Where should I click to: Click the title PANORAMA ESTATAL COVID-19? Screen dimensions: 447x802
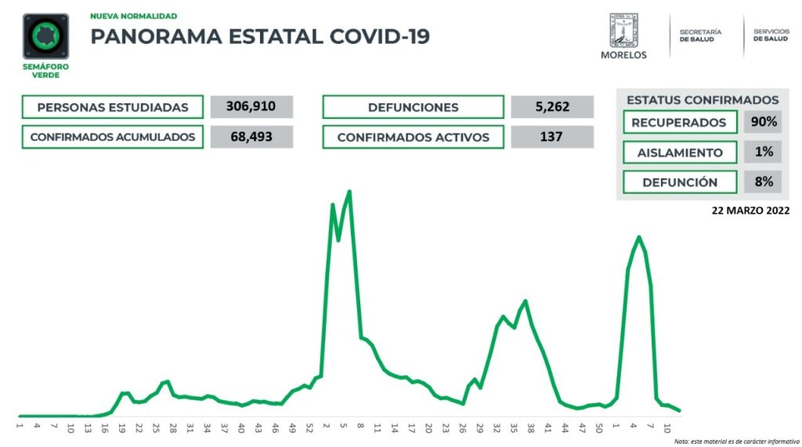tap(260, 36)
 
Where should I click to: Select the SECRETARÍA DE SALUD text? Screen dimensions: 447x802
tap(700, 35)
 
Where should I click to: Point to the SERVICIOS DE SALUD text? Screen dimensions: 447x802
tap(771, 35)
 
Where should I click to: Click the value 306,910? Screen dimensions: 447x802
tap(251, 106)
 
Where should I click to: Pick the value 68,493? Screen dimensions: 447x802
tap(251, 137)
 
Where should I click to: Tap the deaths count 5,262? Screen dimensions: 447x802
tap(552, 106)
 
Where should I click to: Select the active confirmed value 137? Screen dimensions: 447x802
tap(552, 137)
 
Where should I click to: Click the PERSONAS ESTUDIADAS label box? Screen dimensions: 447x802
tap(113, 107)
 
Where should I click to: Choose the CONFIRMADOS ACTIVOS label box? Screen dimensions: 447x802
tap(413, 137)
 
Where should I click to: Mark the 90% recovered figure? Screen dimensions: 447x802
tap(764, 122)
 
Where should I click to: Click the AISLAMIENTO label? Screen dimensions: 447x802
tap(680, 152)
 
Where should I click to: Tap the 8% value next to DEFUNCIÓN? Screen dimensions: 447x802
tap(764, 182)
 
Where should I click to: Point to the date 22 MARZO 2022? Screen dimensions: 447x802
tap(750, 211)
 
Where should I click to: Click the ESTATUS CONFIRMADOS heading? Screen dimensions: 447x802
tap(703, 100)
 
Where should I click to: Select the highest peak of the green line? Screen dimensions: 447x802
tap(349, 191)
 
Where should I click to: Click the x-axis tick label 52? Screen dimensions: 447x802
tap(309, 428)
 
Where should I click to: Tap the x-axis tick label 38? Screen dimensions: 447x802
tap(531, 428)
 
